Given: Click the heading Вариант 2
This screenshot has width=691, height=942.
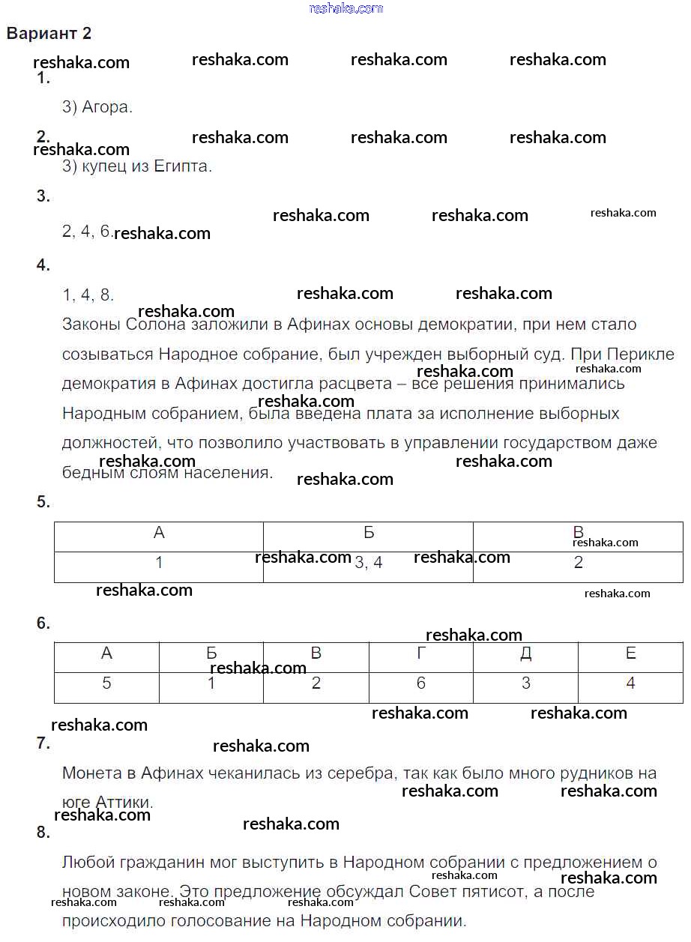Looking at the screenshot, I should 49,34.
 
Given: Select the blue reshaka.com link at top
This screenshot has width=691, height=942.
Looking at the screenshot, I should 345,8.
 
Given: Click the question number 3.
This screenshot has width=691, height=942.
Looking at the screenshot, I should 43,196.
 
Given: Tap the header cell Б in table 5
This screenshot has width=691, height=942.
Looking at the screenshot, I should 368,533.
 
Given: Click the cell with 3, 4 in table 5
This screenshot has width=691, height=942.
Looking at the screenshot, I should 368,563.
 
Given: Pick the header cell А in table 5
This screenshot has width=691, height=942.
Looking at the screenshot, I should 159,533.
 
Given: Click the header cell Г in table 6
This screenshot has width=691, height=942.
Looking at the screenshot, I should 420,653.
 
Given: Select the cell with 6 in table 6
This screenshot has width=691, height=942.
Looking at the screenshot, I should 420,683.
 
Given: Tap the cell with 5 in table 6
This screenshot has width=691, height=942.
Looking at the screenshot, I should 106,683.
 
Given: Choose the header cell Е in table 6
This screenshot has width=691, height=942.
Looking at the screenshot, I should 630,653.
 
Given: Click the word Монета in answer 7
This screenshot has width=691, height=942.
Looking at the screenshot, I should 90,773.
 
